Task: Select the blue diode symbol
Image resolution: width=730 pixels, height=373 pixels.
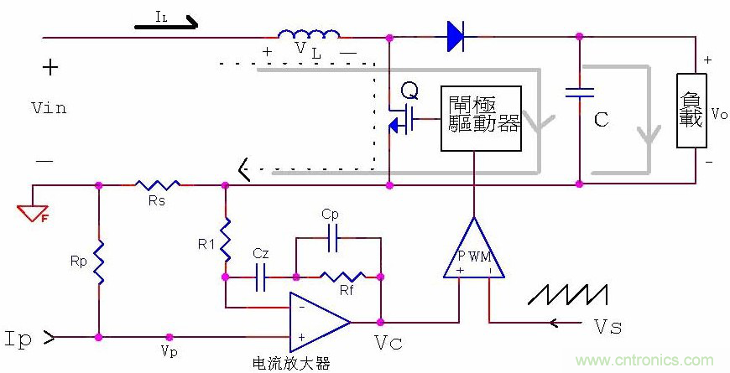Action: (x=456, y=36)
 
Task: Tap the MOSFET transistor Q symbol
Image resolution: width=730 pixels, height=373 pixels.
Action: (x=402, y=118)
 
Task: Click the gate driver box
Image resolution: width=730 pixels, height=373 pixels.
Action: (x=481, y=117)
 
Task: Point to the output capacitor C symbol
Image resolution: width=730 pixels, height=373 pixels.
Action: (x=579, y=92)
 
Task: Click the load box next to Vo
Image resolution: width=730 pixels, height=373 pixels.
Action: (x=693, y=111)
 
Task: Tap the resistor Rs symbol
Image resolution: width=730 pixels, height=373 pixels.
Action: (x=159, y=184)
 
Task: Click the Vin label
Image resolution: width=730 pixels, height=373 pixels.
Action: (x=48, y=108)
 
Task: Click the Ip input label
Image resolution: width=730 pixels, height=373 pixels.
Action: (x=20, y=339)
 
